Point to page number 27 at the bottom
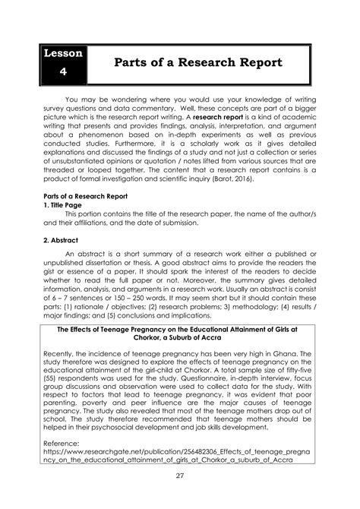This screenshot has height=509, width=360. tap(179, 476)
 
